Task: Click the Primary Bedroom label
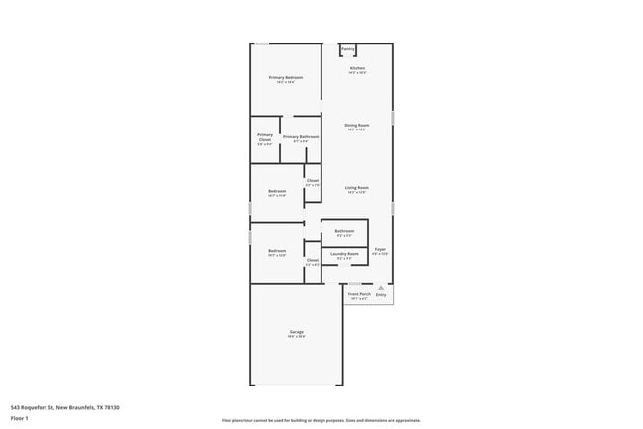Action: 285,77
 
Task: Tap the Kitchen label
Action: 357,68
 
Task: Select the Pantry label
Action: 347,48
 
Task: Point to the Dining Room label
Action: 357,126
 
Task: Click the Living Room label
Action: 357,188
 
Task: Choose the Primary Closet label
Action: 265,137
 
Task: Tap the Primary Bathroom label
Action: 301,137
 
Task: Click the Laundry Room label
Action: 345,254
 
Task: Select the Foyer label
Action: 380,250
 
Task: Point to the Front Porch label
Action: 359,294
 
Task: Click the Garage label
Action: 297,332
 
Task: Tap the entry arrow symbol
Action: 381,288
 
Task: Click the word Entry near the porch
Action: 381,295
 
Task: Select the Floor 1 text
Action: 20,418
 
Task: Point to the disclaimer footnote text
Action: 321,420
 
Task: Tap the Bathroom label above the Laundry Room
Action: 345,231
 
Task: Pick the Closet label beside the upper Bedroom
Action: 313,180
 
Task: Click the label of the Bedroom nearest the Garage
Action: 277,251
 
